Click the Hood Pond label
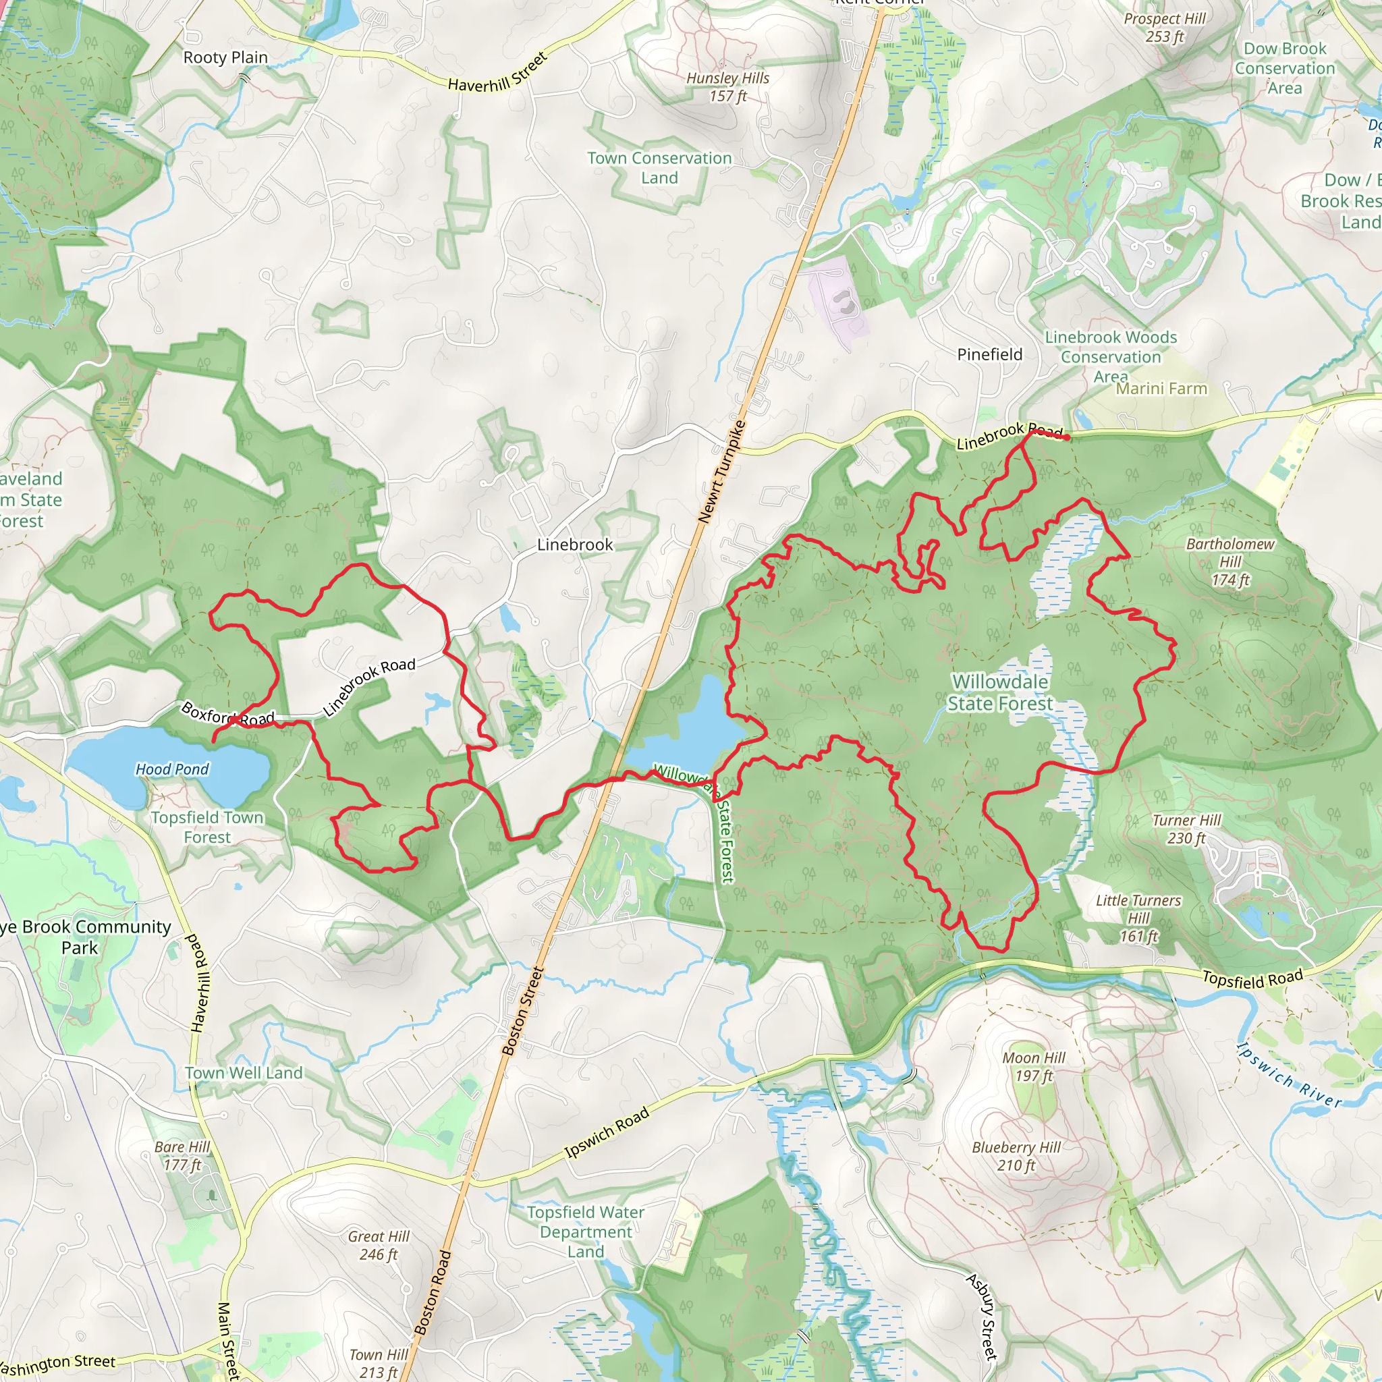(172, 769)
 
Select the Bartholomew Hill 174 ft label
(1230, 561)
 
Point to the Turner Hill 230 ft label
(1187, 829)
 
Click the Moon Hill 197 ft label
(1034, 1067)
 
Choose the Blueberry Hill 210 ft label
(1016, 1156)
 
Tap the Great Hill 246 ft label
(379, 1246)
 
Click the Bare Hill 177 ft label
(182, 1156)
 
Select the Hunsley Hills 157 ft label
(727, 86)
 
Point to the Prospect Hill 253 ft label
(1165, 27)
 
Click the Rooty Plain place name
(225, 57)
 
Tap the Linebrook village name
(575, 545)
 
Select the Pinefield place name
(989, 354)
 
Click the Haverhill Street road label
(498, 72)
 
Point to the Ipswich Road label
(607, 1132)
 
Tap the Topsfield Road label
(1252, 979)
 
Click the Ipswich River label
(1289, 1075)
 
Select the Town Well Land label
(244, 1073)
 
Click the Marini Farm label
(1162, 389)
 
